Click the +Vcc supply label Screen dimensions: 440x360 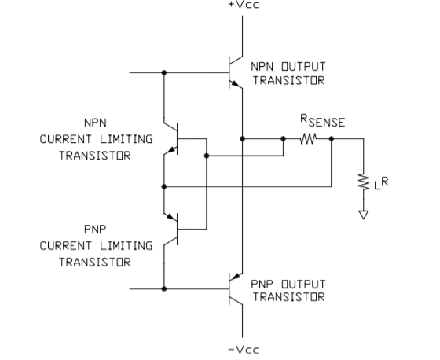tap(244, 5)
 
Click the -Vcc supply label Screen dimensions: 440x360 tap(244, 350)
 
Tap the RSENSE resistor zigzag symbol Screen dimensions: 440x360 tap(308, 138)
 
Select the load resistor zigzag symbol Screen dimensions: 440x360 tap(364, 182)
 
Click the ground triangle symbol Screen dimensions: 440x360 tap(364, 215)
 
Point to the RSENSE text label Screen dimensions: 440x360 tap(323, 121)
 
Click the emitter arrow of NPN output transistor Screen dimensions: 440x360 tap(234, 83)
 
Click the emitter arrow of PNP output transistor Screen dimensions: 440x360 tap(236, 277)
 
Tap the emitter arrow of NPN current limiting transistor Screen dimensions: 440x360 tap(172, 150)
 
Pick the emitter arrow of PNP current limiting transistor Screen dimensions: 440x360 tap(171, 217)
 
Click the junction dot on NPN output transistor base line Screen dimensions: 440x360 tap(164, 73)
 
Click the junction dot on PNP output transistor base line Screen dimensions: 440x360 tap(164, 288)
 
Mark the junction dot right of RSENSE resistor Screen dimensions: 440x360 tap(332, 138)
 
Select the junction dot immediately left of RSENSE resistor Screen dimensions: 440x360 tap(283, 138)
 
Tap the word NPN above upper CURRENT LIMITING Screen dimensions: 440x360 tap(95, 123)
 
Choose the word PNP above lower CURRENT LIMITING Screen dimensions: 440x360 tap(95, 230)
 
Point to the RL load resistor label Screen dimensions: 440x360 tap(381, 183)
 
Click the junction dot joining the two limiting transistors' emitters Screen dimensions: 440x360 tap(164, 186)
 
